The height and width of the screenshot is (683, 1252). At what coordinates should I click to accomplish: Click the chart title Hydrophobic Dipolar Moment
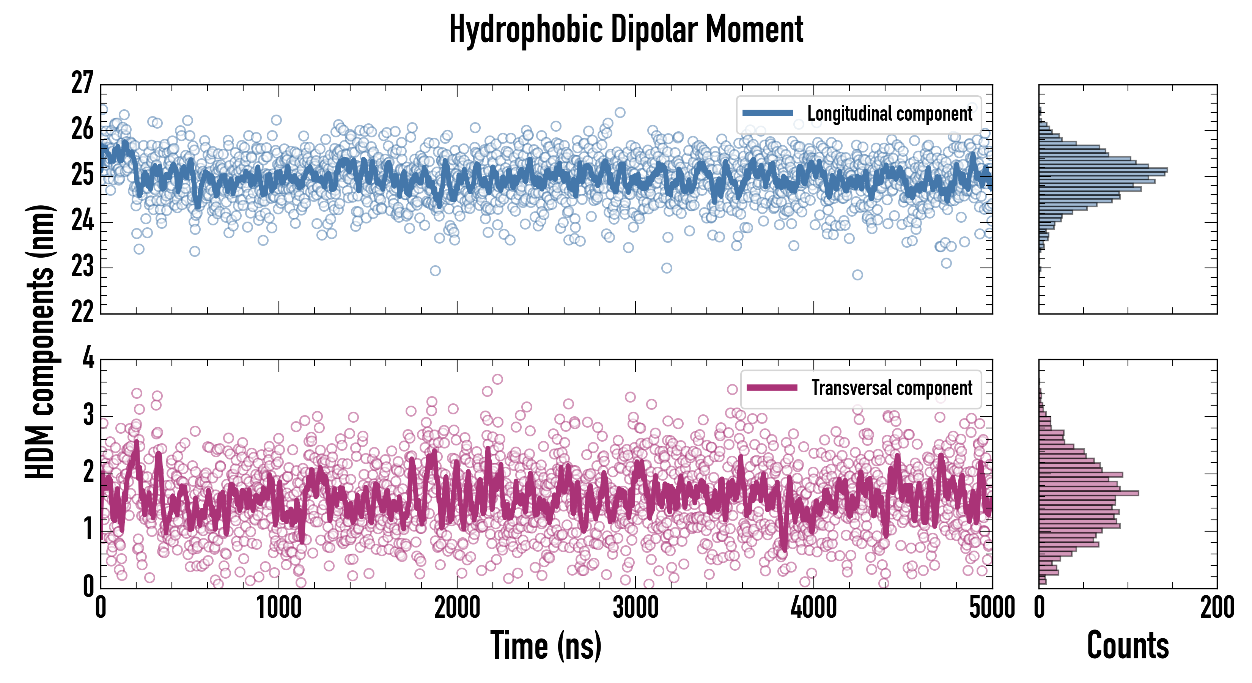pos(626,30)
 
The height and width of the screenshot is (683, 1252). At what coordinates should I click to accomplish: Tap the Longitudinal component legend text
pos(889,114)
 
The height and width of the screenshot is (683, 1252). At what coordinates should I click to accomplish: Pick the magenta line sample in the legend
pos(772,387)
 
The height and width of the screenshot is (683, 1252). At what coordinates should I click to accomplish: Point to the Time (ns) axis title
pos(546,645)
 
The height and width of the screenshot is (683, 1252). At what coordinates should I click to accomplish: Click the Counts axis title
pos(1128,645)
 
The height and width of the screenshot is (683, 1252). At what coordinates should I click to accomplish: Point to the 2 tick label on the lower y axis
pos(88,472)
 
